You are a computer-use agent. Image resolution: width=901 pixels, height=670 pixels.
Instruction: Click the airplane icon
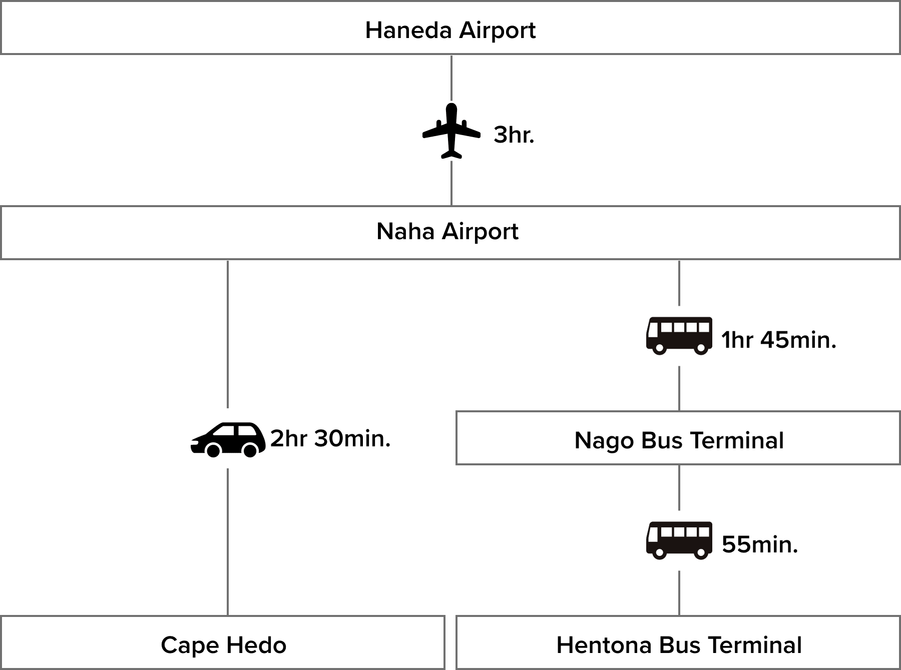click(x=452, y=131)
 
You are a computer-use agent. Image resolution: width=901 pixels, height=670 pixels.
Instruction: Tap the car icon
click(x=228, y=439)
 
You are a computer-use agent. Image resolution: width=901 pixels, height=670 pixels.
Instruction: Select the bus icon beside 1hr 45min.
click(x=679, y=336)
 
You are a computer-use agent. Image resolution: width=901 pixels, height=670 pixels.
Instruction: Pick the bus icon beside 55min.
click(x=679, y=540)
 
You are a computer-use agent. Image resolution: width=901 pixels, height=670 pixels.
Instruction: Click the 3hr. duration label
click(x=514, y=135)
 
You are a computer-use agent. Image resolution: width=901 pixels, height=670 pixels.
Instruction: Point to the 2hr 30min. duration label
click(x=330, y=439)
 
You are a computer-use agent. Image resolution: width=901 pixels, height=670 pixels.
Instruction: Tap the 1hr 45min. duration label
click(x=778, y=340)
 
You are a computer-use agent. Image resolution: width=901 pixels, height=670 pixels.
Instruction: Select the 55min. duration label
click(x=760, y=544)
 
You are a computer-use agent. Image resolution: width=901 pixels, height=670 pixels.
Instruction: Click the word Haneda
click(x=408, y=30)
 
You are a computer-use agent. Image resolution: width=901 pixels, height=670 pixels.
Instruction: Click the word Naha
click(x=405, y=231)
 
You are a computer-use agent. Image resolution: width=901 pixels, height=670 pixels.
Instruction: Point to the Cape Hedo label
click(x=224, y=645)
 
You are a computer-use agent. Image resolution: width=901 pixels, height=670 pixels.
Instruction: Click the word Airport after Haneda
click(x=498, y=31)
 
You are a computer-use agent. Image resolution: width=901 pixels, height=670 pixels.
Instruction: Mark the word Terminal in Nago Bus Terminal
click(x=737, y=441)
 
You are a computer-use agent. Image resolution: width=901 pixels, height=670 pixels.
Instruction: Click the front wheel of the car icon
click(x=213, y=450)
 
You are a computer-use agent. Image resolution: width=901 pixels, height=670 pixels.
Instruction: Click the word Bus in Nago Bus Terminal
click(x=661, y=441)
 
